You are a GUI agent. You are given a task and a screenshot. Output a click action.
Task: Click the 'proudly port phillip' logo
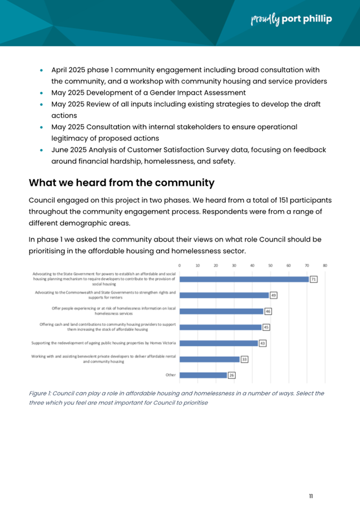tap(291, 20)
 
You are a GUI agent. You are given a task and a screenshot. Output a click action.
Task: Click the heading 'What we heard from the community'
tap(122, 182)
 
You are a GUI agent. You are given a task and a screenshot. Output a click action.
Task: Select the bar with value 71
tap(244, 279)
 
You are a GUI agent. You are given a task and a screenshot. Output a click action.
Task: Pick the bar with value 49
tap(224, 295)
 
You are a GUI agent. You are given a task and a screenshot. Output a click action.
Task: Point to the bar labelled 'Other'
tap(203, 375)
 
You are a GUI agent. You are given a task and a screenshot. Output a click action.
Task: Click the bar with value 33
tap(209, 359)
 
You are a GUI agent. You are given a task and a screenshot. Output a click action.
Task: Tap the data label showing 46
tap(269, 311)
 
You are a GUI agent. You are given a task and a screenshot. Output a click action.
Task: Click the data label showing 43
tap(263, 343)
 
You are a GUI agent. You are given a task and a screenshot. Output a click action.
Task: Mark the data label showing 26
tap(232, 375)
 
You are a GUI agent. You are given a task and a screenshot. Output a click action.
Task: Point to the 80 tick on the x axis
tap(325, 265)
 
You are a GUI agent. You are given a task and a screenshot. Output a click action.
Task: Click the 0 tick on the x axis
tap(179, 265)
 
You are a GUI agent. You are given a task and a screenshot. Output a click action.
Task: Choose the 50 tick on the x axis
tap(270, 265)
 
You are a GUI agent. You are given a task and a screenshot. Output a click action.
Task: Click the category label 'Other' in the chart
tap(170, 375)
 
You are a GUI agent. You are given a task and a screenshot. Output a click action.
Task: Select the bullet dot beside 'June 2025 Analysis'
tap(42, 151)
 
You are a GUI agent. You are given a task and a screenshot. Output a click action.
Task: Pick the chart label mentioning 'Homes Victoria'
tap(104, 343)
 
